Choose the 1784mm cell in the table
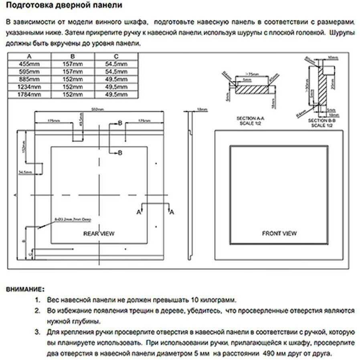29,95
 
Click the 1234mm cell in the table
29,87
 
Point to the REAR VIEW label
98,234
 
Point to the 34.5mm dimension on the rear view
25,172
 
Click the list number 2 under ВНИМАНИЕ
37,311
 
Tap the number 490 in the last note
269,354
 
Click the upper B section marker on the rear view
120,124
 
